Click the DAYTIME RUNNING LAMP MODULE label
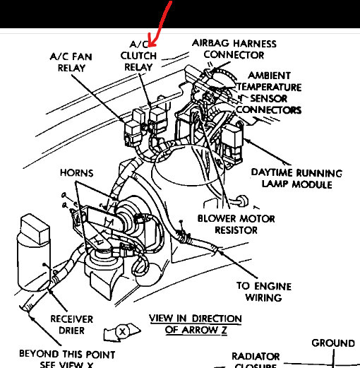pyautogui.click(x=296, y=178)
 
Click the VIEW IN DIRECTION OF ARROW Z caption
pyautogui.click(x=195, y=324)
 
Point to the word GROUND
pyautogui.click(x=333, y=343)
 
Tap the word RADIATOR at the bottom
pyautogui.click(x=256, y=356)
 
